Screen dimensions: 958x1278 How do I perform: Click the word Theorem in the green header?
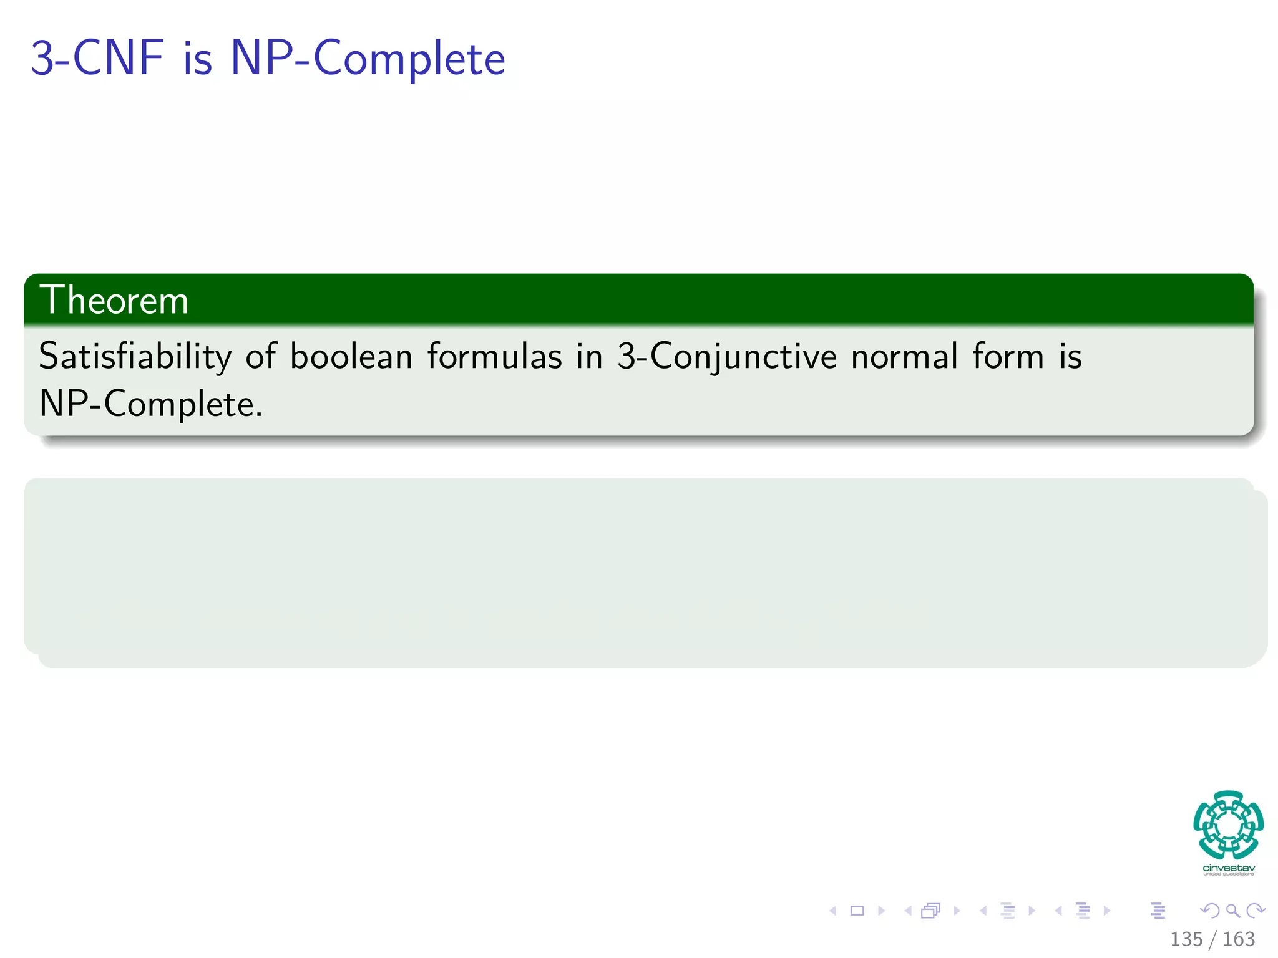pos(114,300)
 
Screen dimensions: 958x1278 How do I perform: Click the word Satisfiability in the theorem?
pos(135,357)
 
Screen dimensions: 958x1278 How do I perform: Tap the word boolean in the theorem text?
pos(351,357)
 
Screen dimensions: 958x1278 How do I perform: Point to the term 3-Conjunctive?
pos(726,357)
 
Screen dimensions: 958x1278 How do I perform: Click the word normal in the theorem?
pos(904,357)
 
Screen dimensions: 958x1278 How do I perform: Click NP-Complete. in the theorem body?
pos(150,404)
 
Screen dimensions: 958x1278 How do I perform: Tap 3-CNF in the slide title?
pos(97,59)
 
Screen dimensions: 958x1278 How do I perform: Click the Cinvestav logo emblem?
pos(1228,825)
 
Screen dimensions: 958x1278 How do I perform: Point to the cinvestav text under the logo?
pos(1228,868)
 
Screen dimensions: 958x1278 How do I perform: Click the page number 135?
pos(1186,939)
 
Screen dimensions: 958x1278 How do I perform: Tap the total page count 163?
pos(1239,939)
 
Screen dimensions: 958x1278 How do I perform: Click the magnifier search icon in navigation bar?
pos(1232,911)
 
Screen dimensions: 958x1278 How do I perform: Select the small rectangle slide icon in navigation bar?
pos(857,911)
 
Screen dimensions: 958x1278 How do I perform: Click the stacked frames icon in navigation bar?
pos(930,911)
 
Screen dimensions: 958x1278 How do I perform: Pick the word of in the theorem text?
pos(260,357)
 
